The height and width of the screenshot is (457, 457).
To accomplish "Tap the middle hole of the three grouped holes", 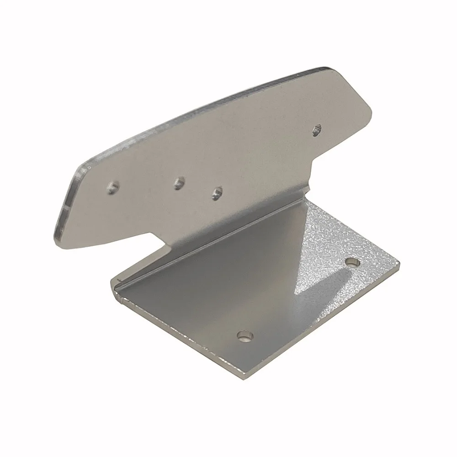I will pyautogui.click(x=179, y=183).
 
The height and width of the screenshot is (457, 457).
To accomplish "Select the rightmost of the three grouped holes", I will pyautogui.click(x=217, y=192).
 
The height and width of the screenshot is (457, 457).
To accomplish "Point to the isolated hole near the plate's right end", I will pyautogui.click(x=316, y=130).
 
